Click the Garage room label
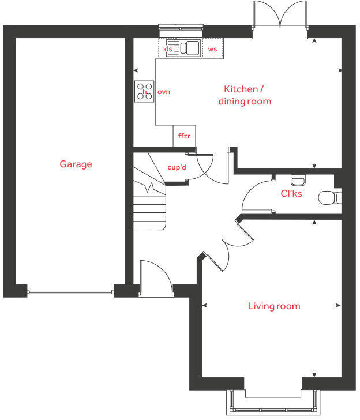coord(76,164)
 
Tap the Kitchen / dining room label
coord(244,95)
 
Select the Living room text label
coord(274,306)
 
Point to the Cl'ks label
coord(291,193)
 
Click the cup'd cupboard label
coord(177,168)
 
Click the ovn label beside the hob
coord(164,92)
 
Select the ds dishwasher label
coord(168,50)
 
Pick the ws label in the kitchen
coord(212,50)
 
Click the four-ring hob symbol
coord(145,91)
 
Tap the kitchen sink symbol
coord(189,48)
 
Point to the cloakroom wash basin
coord(298,179)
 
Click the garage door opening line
coord(70,292)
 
